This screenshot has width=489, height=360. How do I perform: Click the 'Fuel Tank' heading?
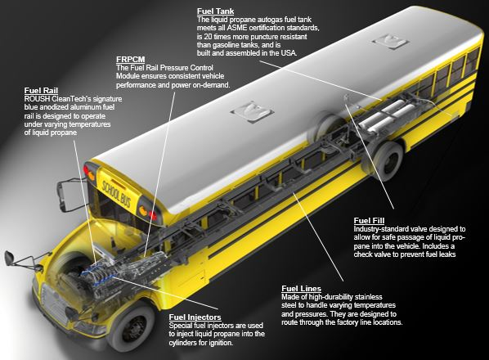214,9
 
